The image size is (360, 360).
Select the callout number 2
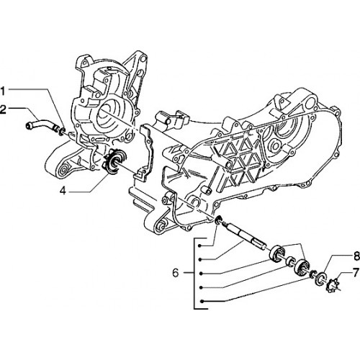pos(3,109)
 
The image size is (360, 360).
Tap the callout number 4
pos(63,191)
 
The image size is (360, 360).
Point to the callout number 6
pos(176,273)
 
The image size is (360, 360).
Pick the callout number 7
pos(356,273)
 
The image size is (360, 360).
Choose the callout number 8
pos(356,256)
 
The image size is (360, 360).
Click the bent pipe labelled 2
pos(41,125)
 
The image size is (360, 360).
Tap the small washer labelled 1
pos(62,131)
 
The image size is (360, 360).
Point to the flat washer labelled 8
pos(320,279)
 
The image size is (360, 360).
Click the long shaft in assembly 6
pos(244,236)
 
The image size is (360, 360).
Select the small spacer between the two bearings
pos(291,262)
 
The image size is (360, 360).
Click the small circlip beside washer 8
pos(312,274)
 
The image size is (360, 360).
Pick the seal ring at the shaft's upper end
pos(218,220)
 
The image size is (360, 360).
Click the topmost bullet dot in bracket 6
pos(199,246)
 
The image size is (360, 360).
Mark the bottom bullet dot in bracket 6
pos(202,301)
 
